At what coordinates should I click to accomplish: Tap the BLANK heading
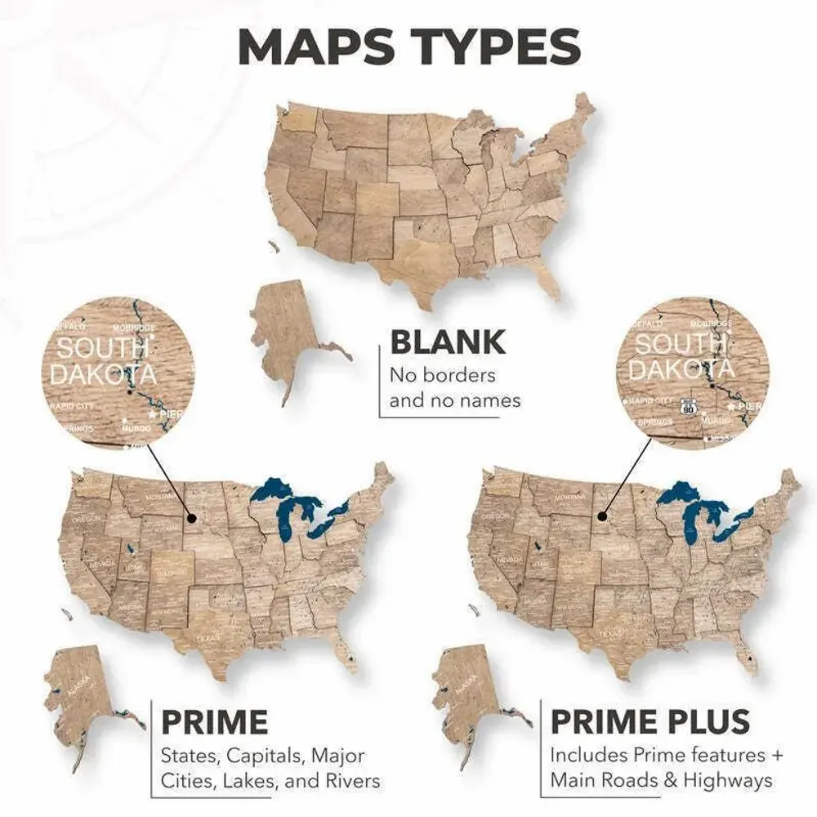[x=447, y=342]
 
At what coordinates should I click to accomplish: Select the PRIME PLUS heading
[x=650, y=721]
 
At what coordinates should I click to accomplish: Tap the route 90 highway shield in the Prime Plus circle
[x=690, y=405]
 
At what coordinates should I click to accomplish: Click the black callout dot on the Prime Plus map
[x=600, y=516]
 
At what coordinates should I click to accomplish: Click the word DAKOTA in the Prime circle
[x=102, y=373]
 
